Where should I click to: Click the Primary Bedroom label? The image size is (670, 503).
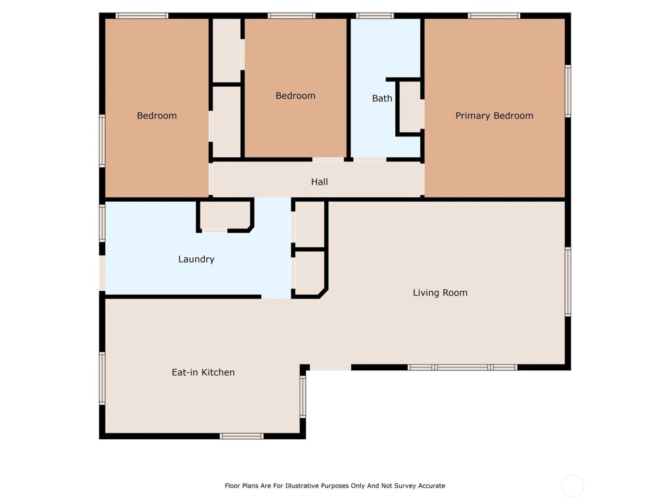click(x=494, y=115)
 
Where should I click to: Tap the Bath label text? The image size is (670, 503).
click(x=382, y=98)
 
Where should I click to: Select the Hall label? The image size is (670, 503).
click(x=319, y=182)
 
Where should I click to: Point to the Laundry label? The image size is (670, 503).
click(x=196, y=259)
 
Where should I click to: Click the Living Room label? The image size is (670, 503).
click(x=440, y=293)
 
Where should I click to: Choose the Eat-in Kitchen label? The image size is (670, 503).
click(x=203, y=372)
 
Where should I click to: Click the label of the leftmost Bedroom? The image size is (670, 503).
click(x=156, y=115)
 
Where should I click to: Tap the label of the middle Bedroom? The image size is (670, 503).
click(x=295, y=96)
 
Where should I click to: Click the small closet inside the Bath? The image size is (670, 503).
click(x=410, y=107)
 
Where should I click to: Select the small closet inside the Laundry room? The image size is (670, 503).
click(x=224, y=216)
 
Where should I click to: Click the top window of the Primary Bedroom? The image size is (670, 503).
click(x=494, y=16)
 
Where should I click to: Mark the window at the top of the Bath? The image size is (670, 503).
click(x=375, y=16)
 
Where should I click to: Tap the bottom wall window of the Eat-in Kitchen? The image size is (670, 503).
click(x=241, y=436)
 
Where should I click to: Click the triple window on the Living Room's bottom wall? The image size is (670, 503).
click(x=462, y=367)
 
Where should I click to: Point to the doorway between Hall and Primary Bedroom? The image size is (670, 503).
click(x=422, y=180)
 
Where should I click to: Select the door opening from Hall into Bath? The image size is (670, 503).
click(x=369, y=160)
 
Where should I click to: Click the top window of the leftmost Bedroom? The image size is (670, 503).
click(x=142, y=16)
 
